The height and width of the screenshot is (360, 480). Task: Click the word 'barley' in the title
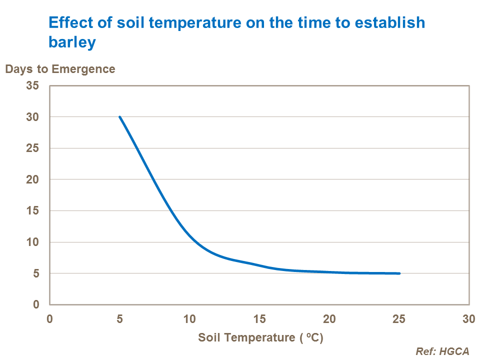click(72, 43)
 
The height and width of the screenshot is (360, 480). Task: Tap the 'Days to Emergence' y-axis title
click(60, 69)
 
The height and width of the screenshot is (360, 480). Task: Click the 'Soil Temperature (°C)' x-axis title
click(260, 337)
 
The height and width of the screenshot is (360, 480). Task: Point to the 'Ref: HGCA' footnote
click(442, 351)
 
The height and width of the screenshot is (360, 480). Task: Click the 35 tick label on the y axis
click(32, 85)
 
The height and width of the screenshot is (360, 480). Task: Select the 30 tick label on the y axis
click(32, 117)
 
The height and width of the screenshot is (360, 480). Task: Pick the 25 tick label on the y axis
click(32, 148)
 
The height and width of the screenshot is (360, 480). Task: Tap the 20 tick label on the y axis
click(32, 179)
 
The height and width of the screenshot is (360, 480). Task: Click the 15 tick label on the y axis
click(32, 211)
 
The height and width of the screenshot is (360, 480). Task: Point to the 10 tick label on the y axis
click(32, 242)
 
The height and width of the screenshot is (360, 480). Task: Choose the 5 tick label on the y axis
click(35, 273)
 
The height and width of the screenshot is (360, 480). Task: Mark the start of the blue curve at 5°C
click(119, 117)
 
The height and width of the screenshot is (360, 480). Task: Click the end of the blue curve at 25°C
click(399, 273)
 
